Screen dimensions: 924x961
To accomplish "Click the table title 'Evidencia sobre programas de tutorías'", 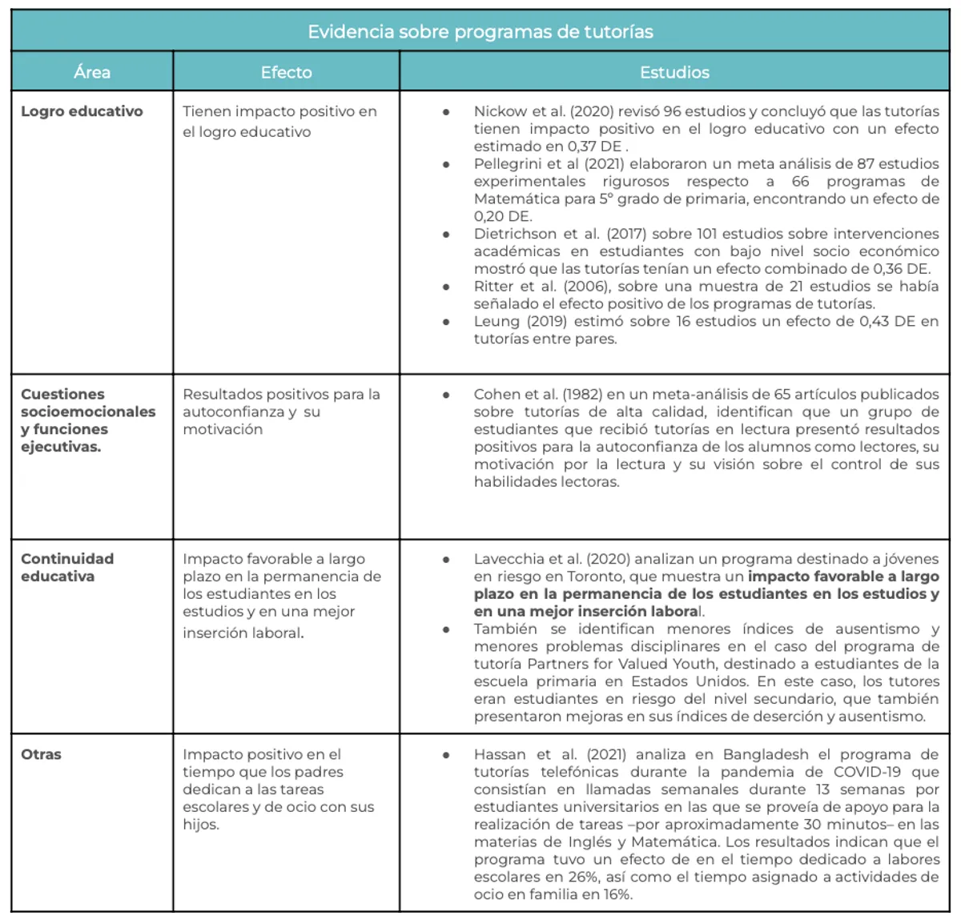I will (x=480, y=32).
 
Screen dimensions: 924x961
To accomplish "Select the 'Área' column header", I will (x=92, y=72).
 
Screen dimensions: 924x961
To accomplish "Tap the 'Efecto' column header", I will (x=286, y=72).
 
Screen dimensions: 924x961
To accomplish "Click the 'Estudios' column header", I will (x=674, y=72).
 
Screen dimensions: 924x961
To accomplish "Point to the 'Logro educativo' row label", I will (x=82, y=111).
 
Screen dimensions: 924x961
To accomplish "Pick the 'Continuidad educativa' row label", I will (x=67, y=567).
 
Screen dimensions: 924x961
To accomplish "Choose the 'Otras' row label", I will (x=41, y=754).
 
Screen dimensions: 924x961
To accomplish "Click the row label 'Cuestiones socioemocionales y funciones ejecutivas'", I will (x=88, y=420).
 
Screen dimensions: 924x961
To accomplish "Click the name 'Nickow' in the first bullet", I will (x=500, y=111).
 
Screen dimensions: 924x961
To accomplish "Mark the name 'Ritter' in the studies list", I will (x=493, y=287).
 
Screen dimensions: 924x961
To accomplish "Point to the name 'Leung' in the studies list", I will (x=497, y=322).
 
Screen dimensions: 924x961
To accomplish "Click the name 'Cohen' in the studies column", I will (x=497, y=395).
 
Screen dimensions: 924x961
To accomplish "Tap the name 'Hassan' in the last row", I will (x=500, y=754).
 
